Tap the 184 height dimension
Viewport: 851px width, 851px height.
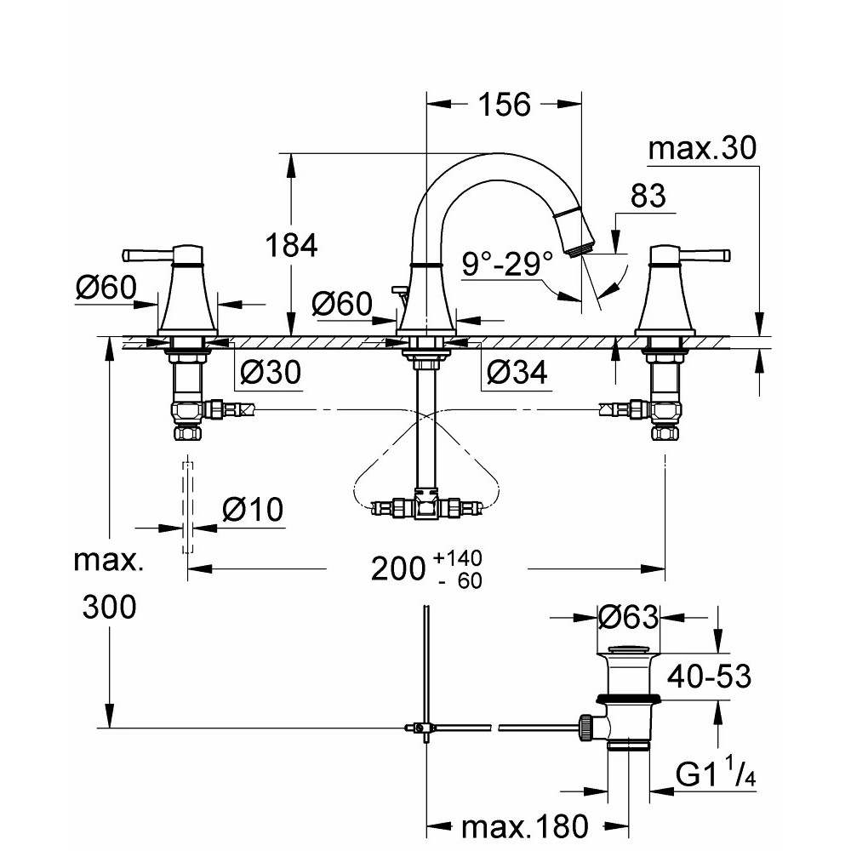292,246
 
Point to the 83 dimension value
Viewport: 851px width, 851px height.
648,197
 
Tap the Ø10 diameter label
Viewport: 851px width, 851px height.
252,511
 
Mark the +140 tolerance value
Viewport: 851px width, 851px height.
457,558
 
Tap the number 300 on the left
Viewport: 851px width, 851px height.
109,608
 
